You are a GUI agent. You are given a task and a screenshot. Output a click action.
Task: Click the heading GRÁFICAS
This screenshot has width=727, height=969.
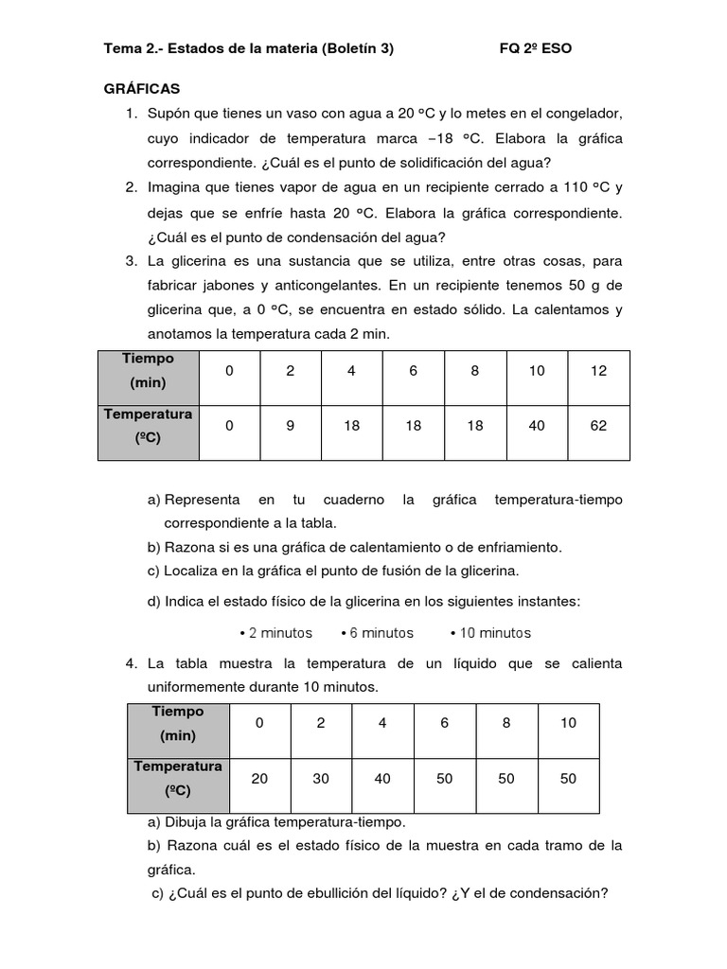coord(141,89)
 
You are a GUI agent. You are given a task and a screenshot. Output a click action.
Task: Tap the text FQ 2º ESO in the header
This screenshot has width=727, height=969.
coord(535,48)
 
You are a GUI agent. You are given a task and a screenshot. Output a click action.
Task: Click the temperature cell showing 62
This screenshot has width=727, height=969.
coord(598,426)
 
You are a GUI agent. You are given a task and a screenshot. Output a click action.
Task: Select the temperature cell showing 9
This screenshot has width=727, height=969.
coord(291,426)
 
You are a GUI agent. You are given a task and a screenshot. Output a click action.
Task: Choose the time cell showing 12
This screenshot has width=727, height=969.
coord(598,371)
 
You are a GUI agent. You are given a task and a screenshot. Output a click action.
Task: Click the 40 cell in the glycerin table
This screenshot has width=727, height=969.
coord(537,426)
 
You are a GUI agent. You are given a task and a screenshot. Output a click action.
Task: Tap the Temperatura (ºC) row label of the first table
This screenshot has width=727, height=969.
coord(149,425)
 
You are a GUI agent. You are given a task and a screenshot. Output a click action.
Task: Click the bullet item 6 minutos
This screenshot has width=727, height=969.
coord(377,633)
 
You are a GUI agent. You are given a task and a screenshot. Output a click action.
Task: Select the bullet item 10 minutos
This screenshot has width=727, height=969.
coord(490,633)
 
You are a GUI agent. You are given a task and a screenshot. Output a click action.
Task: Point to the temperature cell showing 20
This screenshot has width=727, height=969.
coord(259,778)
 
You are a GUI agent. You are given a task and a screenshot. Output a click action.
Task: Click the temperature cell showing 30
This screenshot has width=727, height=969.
coord(321,778)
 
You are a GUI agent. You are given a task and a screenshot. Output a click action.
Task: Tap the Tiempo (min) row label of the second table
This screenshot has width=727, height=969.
coord(177,723)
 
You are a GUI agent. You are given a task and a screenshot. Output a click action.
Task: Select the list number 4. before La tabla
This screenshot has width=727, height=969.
coord(132,664)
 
